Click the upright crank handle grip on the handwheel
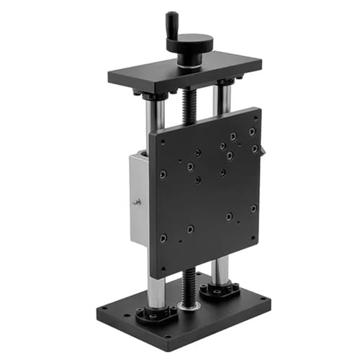click(x=172, y=23)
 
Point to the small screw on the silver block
click(x=136, y=202)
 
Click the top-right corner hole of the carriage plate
click(x=252, y=132)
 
